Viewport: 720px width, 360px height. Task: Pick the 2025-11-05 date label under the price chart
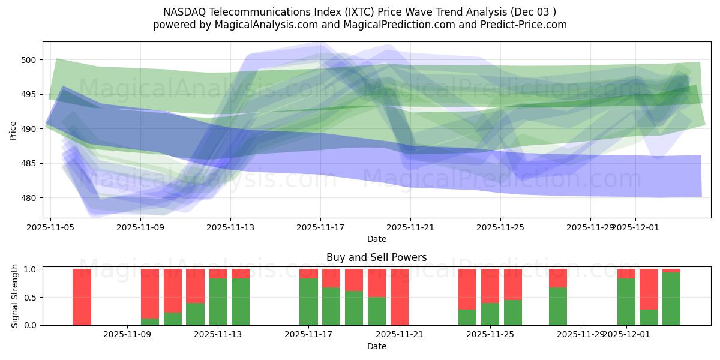click(x=50, y=227)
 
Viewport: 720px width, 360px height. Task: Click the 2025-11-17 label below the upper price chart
click(x=320, y=227)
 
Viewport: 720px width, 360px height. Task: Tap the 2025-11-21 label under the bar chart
click(x=400, y=334)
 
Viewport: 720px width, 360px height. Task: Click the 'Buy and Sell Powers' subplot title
click(x=376, y=257)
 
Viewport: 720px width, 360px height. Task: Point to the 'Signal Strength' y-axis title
click(x=15, y=297)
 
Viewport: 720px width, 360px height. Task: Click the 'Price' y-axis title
click(x=13, y=130)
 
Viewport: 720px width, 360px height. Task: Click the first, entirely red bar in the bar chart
click(x=82, y=297)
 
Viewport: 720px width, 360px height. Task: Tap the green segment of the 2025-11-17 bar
click(x=308, y=302)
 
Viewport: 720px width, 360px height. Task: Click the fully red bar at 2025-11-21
click(x=400, y=297)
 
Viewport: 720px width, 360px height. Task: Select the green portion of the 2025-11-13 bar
click(x=218, y=302)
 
